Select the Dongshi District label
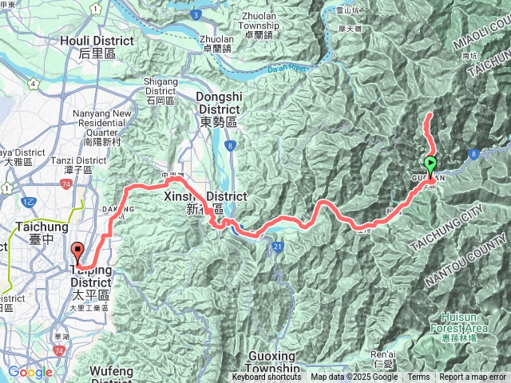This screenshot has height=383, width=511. coord(216,107)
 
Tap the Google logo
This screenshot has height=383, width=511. coord(30,372)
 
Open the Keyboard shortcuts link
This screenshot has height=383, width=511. coord(267,377)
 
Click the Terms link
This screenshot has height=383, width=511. coord(418,377)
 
